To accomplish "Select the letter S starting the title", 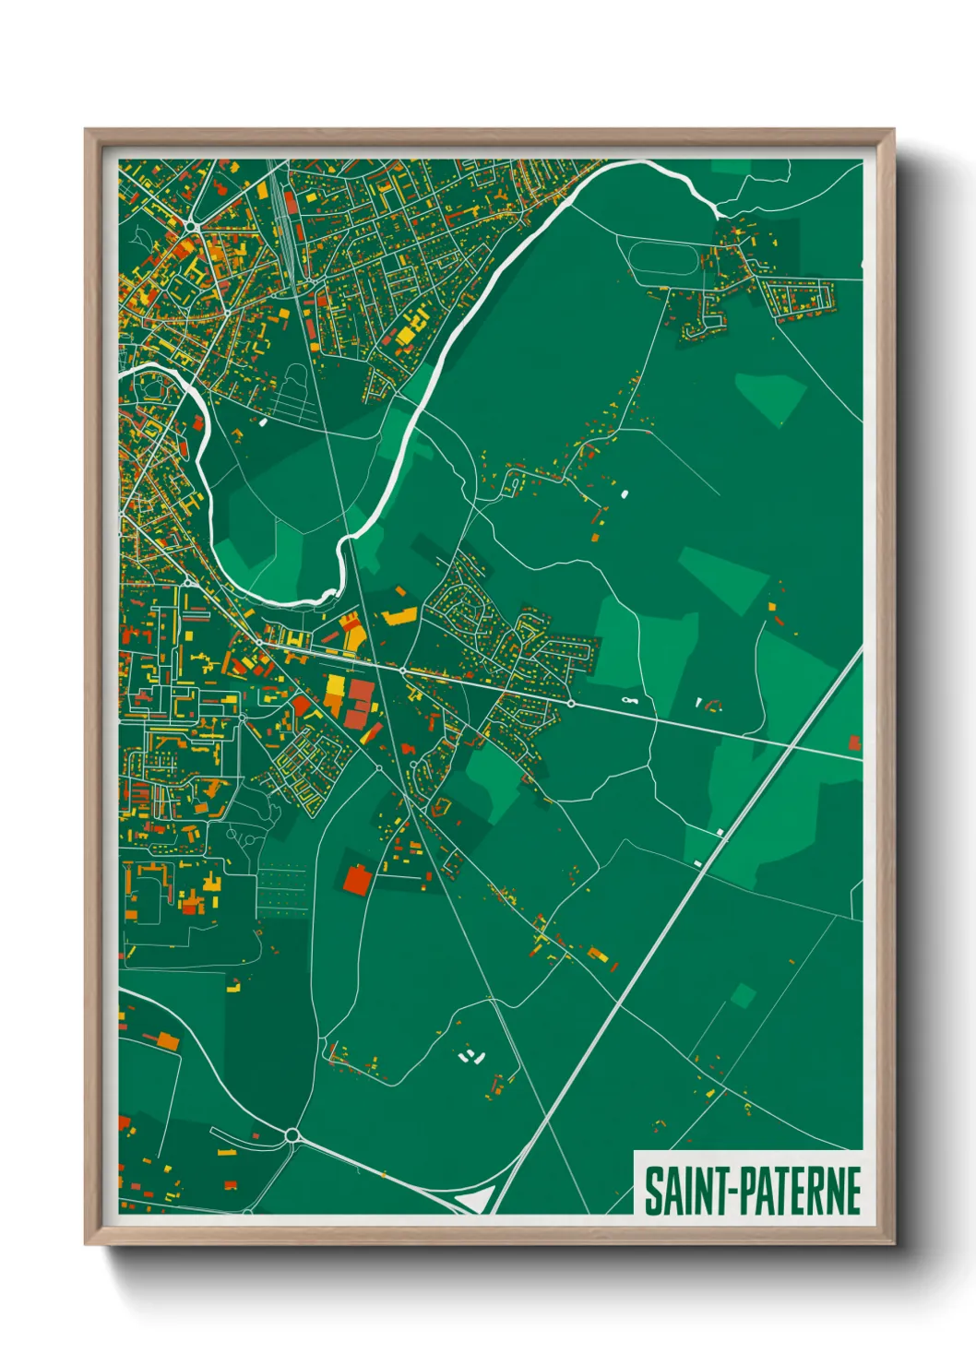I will (652, 1192).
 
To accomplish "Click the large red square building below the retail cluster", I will (356, 880).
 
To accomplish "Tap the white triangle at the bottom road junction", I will (475, 1198).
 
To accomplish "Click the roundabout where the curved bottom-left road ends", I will (293, 1134).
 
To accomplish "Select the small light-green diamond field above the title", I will (743, 996).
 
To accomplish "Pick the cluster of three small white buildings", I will (471, 1056).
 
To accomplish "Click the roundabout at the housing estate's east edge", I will (571, 704).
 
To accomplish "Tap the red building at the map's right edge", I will (855, 742).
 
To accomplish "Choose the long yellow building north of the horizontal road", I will (399, 617).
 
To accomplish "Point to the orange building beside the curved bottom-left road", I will (167, 1041).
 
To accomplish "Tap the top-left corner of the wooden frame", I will (87, 131).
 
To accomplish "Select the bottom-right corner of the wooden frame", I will (892, 1242).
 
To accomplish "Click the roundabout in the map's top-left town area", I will (191, 225).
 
